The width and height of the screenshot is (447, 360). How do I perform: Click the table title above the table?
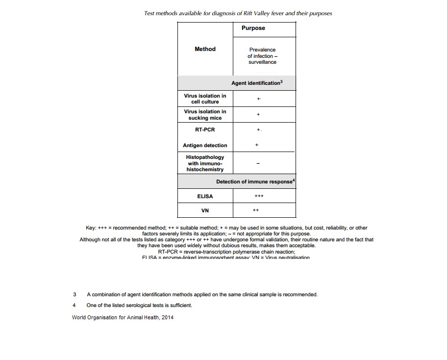(x=238, y=13)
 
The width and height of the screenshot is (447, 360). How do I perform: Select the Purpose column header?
(x=253, y=28)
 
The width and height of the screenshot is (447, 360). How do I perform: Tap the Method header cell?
(x=205, y=49)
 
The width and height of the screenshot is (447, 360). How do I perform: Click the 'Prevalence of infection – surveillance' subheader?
(x=262, y=56)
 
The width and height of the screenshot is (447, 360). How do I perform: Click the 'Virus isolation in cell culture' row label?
(x=205, y=99)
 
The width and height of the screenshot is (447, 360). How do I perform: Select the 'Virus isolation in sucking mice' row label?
(x=205, y=115)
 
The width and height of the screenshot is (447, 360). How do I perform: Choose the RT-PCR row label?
(x=205, y=130)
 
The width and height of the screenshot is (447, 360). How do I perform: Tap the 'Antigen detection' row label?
(x=205, y=145)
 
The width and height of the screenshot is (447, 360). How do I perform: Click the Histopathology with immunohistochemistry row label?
(x=205, y=163)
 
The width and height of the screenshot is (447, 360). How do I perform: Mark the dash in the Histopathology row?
(x=258, y=164)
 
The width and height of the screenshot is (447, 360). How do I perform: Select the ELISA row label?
(x=205, y=196)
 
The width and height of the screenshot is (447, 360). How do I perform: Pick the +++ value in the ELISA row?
(x=259, y=196)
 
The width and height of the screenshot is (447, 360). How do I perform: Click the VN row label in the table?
(x=205, y=210)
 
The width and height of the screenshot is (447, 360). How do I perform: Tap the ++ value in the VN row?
(x=255, y=210)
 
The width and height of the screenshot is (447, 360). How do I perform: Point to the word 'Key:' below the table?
(x=91, y=228)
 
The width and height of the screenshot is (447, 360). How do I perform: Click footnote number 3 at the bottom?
(x=74, y=295)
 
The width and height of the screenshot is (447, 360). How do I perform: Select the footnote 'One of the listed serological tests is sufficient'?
(x=139, y=305)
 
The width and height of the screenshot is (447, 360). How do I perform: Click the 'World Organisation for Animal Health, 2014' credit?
(x=122, y=317)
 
